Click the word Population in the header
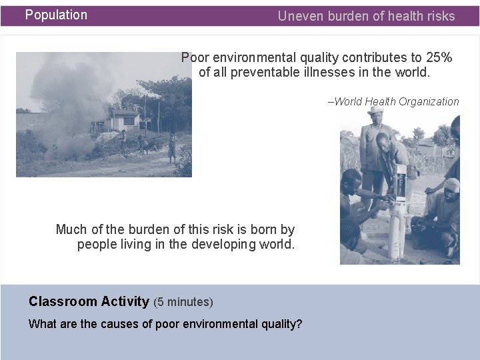(x=56, y=15)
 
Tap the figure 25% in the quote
(x=439, y=57)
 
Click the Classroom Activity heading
(x=89, y=301)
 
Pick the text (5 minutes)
(x=183, y=302)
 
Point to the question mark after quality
(x=299, y=324)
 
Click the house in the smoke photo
(x=123, y=121)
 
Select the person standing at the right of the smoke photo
(x=172, y=148)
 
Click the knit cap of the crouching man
(x=452, y=185)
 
